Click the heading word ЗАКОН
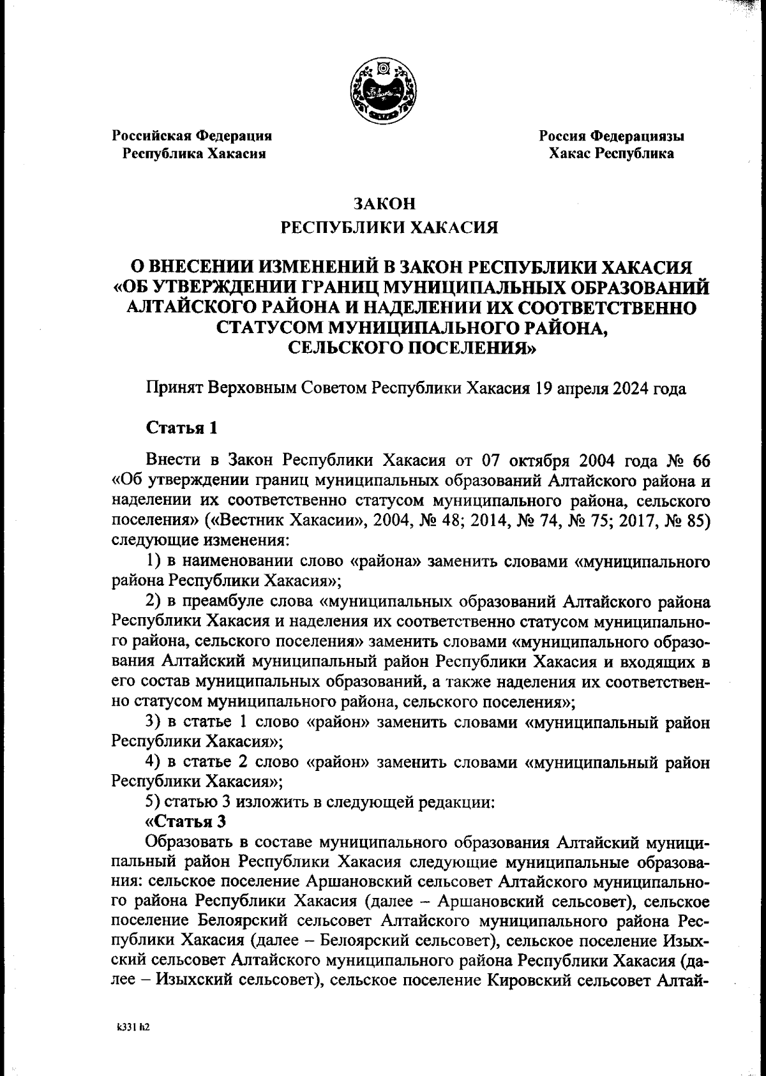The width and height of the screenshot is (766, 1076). click(x=384, y=204)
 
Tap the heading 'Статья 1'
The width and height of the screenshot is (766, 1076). click(x=182, y=428)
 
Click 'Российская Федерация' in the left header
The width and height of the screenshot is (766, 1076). click(x=192, y=136)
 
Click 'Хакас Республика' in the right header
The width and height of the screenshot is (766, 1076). click(x=612, y=154)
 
